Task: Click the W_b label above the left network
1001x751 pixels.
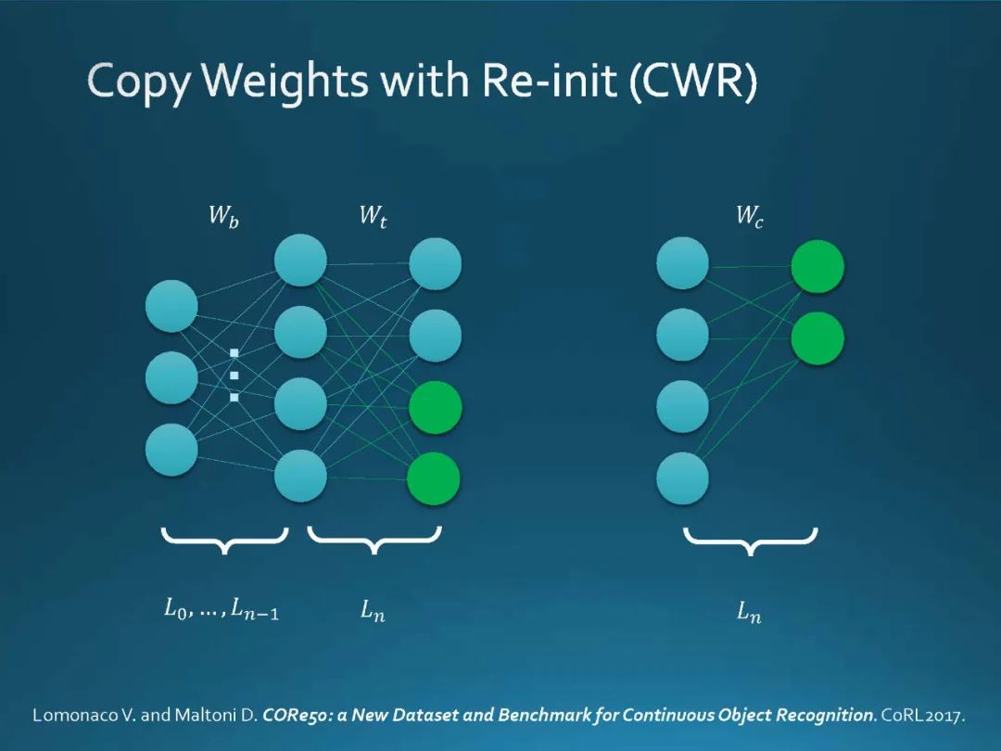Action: point(223,218)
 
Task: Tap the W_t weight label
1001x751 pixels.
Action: point(373,218)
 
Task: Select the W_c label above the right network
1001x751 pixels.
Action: point(750,218)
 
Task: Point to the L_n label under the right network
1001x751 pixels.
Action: point(749,611)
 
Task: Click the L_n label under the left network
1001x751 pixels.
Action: point(373,611)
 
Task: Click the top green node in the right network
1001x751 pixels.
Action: point(817,266)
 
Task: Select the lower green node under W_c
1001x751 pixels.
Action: point(817,338)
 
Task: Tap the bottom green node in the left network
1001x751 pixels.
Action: point(434,478)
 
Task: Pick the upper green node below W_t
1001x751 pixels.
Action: point(435,407)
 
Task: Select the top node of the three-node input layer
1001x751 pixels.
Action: point(171,306)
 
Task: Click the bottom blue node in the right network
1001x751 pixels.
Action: point(682,478)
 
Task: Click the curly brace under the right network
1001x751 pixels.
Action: point(750,541)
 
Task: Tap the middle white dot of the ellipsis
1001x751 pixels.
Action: point(234,375)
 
